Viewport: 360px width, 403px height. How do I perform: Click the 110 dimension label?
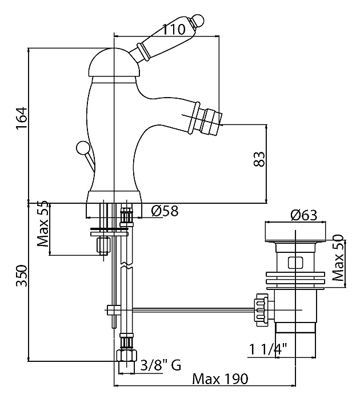tap(174, 29)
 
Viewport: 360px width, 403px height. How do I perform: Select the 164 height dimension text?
tap(21, 119)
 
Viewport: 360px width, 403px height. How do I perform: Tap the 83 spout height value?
tap(259, 159)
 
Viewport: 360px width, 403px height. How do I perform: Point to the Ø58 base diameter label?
tap(165, 211)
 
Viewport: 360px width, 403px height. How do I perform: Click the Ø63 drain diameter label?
tap(303, 215)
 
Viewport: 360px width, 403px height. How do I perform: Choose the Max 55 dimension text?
tap(43, 224)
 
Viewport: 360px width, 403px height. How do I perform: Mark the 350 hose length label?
tap(22, 276)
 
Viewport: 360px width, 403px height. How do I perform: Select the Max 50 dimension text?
tap(337, 257)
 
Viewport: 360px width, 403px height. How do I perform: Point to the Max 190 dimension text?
tap(220, 378)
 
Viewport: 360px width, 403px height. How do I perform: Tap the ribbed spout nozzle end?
tap(213, 119)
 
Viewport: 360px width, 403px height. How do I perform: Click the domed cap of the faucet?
tap(114, 63)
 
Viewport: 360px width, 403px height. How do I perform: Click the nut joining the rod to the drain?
tap(261, 310)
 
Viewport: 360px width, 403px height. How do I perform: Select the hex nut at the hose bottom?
tap(126, 356)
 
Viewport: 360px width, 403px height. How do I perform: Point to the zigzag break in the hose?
tap(126, 265)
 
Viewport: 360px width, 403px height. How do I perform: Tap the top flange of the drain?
tap(295, 231)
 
